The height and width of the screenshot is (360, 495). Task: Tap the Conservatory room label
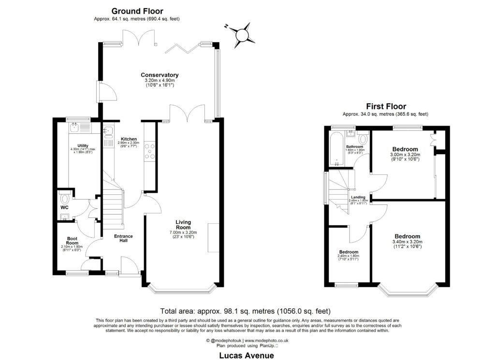pos(160,75)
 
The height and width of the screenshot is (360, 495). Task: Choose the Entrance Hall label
pos(123,239)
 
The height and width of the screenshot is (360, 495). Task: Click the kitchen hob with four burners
pos(150,150)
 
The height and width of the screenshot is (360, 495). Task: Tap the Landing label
pos(358,197)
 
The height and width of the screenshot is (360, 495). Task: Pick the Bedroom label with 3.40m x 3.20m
pos(407,236)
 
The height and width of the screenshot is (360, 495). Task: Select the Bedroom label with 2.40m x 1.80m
pos(348,252)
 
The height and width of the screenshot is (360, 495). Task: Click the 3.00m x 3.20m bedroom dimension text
pos(405,155)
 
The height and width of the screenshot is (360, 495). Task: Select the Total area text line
pos(245,311)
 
